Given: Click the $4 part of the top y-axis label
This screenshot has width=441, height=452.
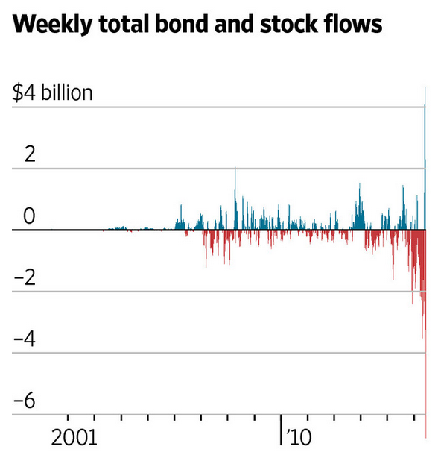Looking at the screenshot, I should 24,93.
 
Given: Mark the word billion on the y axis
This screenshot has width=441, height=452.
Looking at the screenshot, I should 66,93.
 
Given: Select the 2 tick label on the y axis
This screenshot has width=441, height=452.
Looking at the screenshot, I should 28,154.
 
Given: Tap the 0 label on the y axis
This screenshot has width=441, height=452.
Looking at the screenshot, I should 28,216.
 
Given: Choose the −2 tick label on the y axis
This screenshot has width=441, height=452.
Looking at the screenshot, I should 25,277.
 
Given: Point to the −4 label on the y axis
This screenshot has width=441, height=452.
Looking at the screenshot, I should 25,339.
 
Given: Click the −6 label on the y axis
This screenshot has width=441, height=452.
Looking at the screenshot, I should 25,401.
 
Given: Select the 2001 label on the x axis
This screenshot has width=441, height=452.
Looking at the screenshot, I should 74,435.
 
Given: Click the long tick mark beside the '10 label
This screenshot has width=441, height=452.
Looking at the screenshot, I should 281,429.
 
